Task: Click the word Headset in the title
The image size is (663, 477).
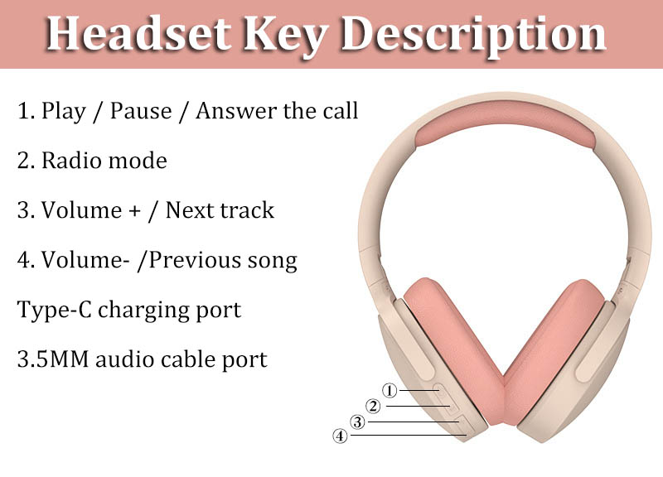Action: [x=139, y=33]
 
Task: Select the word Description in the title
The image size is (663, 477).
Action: [x=473, y=36]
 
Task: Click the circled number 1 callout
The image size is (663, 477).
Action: [x=390, y=390]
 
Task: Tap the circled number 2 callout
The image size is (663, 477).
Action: [x=373, y=406]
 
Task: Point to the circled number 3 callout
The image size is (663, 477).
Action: [x=357, y=422]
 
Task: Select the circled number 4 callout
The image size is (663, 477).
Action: [x=340, y=436]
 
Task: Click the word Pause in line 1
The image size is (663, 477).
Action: [x=141, y=111]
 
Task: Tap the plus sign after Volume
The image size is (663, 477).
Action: [x=134, y=211]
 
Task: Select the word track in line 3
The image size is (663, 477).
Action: [x=247, y=210]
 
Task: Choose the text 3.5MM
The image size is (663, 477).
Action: [x=53, y=359]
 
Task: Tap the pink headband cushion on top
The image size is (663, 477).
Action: [x=505, y=118]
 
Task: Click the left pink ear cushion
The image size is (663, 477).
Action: [x=453, y=350]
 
